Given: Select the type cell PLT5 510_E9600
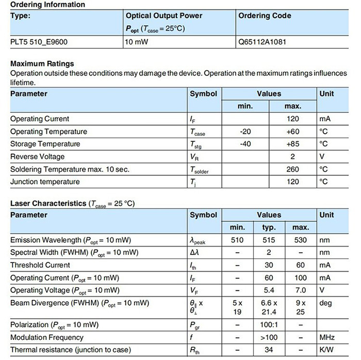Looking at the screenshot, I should tap(39, 42).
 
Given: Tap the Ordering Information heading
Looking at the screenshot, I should tap(47, 5).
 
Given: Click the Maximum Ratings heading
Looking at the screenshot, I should tap(42, 63).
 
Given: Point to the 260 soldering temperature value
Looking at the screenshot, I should tap(292, 169).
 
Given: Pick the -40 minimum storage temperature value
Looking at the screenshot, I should tap(245, 144).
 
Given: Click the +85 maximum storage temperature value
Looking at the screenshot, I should tap(292, 144).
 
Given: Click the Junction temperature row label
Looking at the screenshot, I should tap(45, 182).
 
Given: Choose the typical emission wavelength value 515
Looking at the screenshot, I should tap(269, 240).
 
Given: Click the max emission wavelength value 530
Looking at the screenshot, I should tap(300, 240).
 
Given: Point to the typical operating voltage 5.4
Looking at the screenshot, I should tap(269, 290).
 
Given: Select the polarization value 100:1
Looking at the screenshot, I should tap(269, 325).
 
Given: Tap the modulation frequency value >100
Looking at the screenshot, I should tap(269, 337).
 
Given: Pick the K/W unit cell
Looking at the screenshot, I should tap(326, 350).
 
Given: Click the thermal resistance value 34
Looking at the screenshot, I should tap(269, 350).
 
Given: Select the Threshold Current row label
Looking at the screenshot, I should tap(40, 265).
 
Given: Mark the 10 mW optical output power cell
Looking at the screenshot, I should tap(137, 42).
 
